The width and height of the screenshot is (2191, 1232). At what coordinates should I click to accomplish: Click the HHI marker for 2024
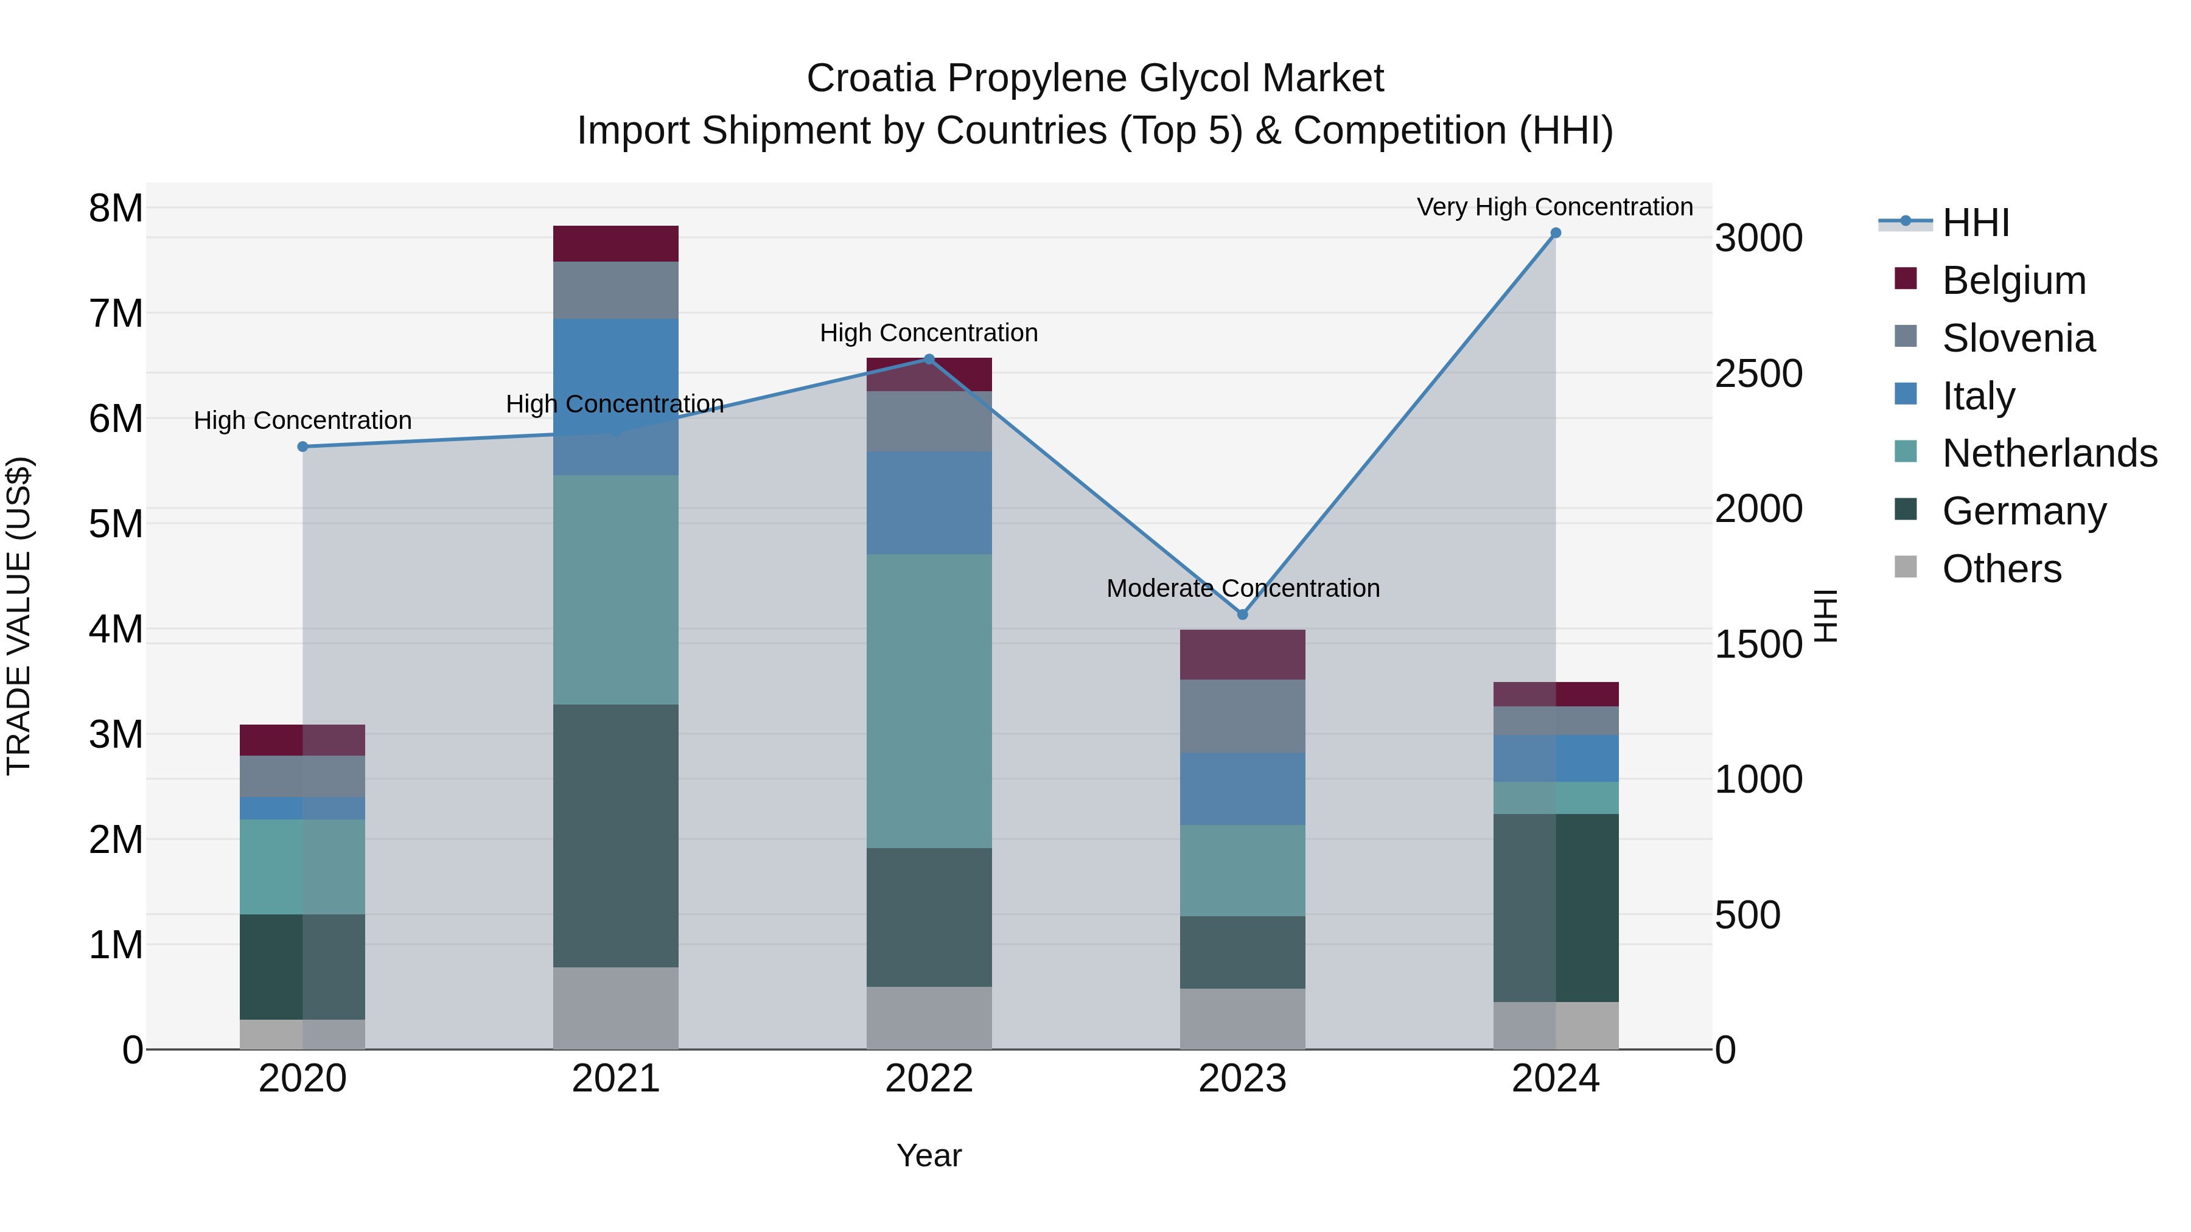(1556, 233)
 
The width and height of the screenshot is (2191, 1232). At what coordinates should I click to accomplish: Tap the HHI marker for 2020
(303, 447)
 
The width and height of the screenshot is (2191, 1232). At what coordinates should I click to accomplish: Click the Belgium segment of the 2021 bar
(616, 244)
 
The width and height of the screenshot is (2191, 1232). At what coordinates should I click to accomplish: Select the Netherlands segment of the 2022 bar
(929, 701)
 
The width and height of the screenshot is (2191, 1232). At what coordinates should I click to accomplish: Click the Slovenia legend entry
(2018, 338)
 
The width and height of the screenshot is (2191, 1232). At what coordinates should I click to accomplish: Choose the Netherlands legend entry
(2049, 453)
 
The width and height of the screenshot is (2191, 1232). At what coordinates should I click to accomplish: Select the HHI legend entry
(1975, 223)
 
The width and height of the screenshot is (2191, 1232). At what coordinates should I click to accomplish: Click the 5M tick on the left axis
(116, 524)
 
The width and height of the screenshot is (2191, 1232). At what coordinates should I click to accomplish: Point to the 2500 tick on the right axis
(1758, 374)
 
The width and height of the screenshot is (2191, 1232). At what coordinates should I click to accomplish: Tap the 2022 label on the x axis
(929, 1079)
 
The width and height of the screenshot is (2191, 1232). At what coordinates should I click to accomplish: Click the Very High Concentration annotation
(1555, 207)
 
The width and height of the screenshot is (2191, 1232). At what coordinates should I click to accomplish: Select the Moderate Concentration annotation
(1243, 588)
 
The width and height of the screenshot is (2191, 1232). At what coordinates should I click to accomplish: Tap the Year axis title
(929, 1155)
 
